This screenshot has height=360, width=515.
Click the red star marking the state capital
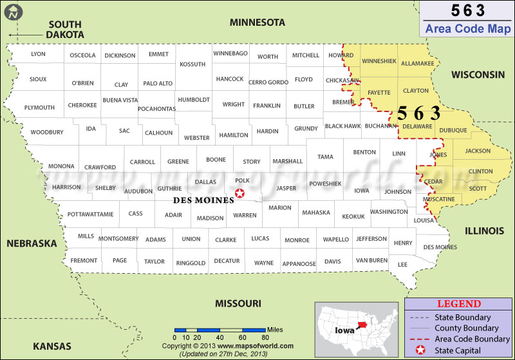point(240,193)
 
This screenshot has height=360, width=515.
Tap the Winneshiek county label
point(379,61)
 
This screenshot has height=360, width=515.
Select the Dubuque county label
point(454,130)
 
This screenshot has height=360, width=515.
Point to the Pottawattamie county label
point(90,214)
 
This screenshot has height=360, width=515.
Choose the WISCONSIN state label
point(478,75)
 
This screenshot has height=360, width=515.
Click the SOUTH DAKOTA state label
point(65,29)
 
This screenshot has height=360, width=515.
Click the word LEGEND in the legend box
point(459,304)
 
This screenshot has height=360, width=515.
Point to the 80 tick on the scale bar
point(265,337)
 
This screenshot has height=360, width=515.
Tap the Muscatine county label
point(439,199)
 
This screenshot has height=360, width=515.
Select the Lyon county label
point(38,54)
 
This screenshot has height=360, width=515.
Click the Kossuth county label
point(192,64)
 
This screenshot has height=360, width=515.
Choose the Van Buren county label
point(371,260)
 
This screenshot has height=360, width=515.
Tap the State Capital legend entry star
point(419,350)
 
